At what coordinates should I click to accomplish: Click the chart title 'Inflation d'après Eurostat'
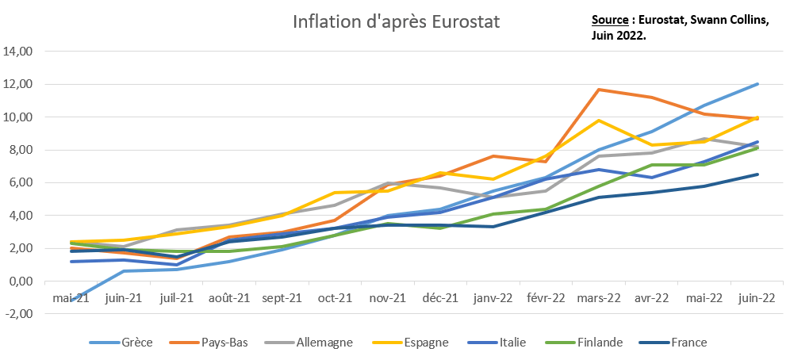pos(397,21)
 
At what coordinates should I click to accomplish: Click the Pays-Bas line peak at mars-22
pos(598,90)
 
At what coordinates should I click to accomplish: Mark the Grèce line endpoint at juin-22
pos(757,84)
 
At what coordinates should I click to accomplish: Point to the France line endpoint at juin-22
pos(757,174)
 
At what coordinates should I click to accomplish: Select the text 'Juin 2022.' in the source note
pos(619,36)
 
